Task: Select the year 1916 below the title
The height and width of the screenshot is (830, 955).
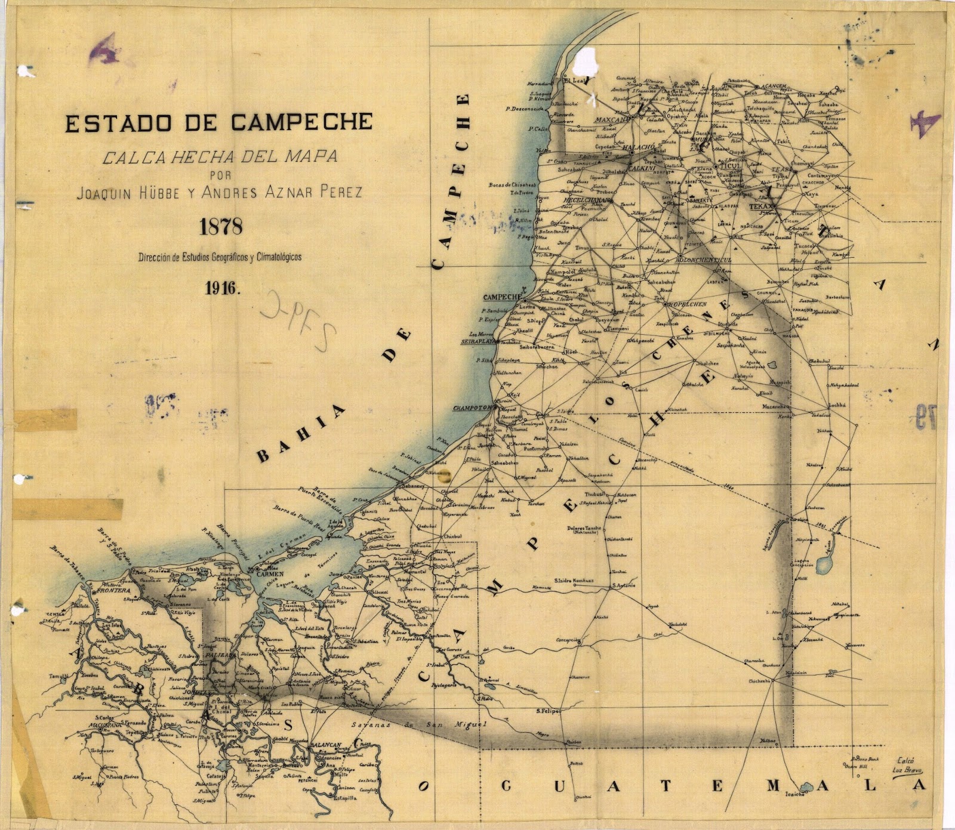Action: click(x=222, y=288)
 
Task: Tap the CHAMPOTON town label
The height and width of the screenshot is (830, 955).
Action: click(x=472, y=408)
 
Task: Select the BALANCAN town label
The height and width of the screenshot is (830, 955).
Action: click(x=323, y=746)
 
